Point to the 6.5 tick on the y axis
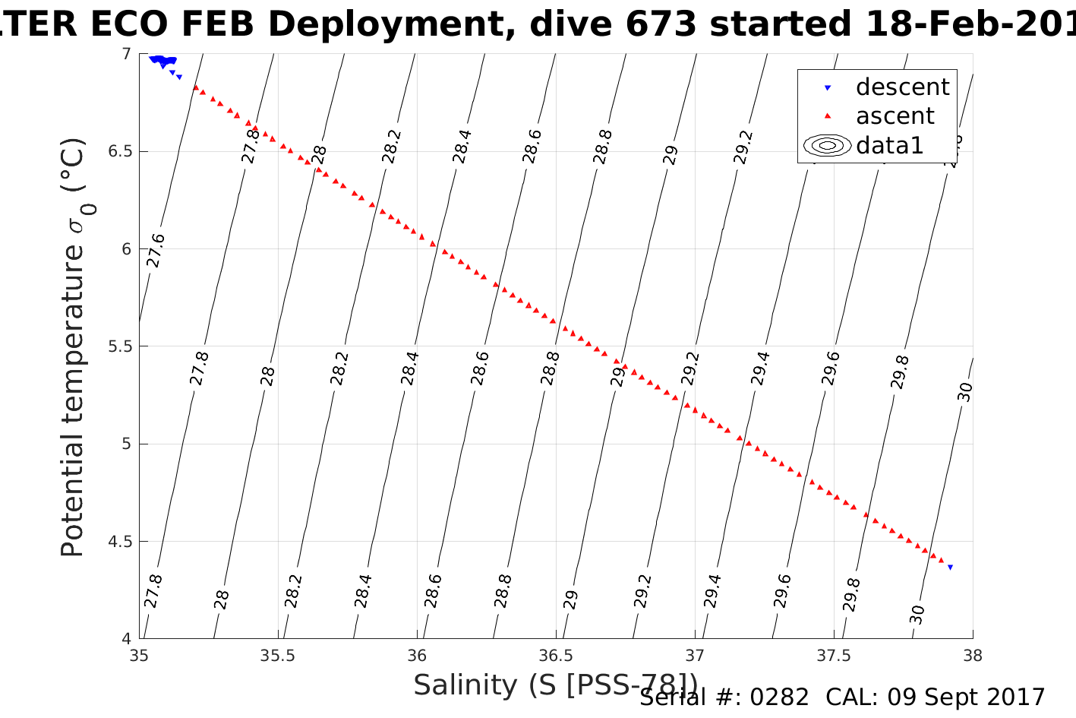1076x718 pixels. tap(120, 151)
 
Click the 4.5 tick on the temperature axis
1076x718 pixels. tap(120, 542)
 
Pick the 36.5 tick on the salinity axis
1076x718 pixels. tap(556, 655)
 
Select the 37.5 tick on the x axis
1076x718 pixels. tap(834, 655)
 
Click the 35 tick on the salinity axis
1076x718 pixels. tap(139, 655)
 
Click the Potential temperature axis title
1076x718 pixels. tap(73, 347)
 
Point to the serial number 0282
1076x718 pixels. tap(779, 697)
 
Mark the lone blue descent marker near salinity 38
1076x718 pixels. tap(950, 568)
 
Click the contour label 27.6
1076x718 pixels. tap(156, 251)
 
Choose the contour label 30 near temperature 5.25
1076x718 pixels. tap(964, 392)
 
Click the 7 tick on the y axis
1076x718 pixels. tap(126, 53)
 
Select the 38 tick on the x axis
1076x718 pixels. tap(973, 655)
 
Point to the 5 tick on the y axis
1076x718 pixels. tap(126, 444)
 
